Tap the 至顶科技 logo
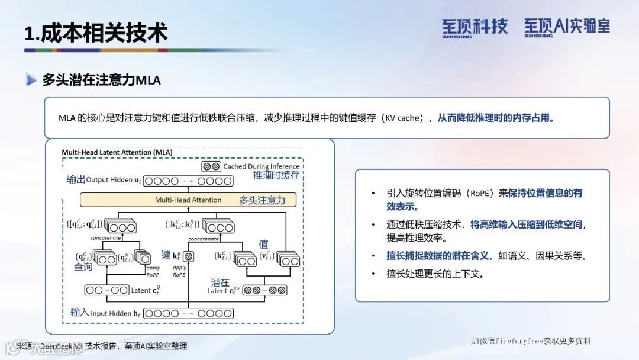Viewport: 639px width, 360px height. (475, 27)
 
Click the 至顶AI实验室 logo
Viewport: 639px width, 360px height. (567, 27)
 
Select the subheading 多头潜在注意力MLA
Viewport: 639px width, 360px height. (101, 80)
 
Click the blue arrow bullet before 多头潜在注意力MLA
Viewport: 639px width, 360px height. (31, 80)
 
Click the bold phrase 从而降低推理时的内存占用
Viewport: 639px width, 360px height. (496, 118)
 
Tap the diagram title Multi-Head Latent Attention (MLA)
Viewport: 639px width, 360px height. (117, 152)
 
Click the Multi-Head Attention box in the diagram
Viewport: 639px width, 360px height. (188, 200)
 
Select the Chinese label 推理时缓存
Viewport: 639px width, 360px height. (276, 175)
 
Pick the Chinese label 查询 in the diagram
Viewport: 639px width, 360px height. (83, 267)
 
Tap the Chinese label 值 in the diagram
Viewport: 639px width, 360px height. (264, 244)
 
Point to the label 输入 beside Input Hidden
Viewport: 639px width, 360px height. (79, 313)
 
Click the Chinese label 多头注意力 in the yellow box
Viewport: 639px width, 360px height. (262, 200)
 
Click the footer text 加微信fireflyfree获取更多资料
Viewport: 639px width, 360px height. (531, 340)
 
